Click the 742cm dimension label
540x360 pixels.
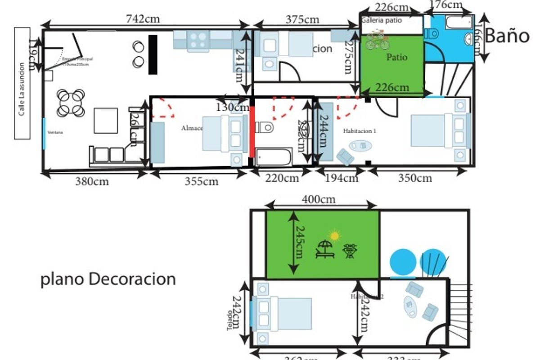[144, 19]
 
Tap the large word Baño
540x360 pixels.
[508, 36]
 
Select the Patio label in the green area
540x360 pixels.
[396, 58]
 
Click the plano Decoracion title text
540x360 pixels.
[108, 279]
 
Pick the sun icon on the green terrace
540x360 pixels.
[334, 235]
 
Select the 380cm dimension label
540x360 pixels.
[92, 181]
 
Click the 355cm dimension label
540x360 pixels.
[201, 181]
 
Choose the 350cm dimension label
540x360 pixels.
[415, 178]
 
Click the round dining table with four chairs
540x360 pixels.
[71, 103]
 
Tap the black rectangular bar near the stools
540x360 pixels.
[153, 54]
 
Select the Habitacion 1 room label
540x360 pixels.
[359, 131]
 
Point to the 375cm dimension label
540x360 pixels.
[302, 19]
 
